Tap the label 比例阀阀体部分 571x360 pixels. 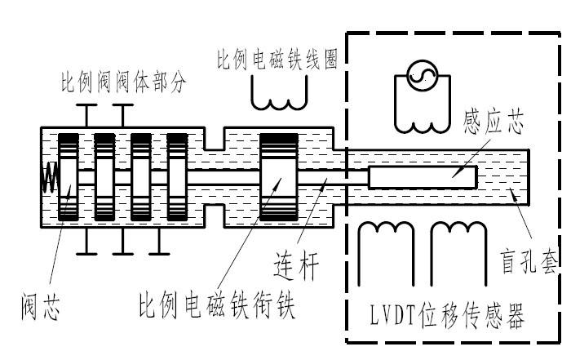[125, 83]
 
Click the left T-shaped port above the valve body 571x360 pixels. [85, 114]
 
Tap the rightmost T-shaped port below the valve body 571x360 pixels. [159, 240]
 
